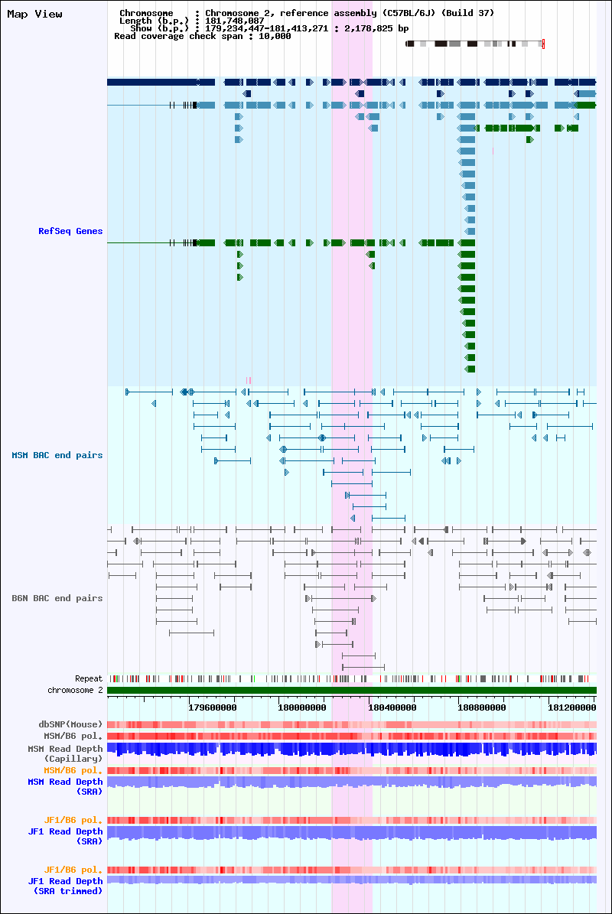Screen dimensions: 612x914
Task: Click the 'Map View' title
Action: click(x=34, y=14)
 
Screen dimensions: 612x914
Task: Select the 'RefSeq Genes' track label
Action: click(x=70, y=231)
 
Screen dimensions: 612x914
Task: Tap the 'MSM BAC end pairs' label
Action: click(x=57, y=455)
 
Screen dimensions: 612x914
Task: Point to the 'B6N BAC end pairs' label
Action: click(x=57, y=598)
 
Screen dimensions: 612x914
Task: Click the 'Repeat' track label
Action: click(x=89, y=678)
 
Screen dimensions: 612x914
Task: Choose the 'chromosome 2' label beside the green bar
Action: click(x=75, y=690)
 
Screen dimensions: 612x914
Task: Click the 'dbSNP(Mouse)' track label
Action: click(x=70, y=724)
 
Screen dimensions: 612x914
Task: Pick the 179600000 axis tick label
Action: click(x=213, y=707)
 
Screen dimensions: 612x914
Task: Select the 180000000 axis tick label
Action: click(x=302, y=707)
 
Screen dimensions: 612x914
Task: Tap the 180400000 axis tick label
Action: click(x=392, y=707)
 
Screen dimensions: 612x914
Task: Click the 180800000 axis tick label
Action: click(x=482, y=707)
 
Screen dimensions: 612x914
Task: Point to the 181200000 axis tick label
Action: click(x=571, y=707)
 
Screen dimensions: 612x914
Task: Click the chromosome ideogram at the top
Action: click(x=475, y=44)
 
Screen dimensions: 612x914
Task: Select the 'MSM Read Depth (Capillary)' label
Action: click(x=65, y=753)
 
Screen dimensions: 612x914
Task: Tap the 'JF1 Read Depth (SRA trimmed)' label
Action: click(x=65, y=886)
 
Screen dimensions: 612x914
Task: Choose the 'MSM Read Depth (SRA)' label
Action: click(x=65, y=786)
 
